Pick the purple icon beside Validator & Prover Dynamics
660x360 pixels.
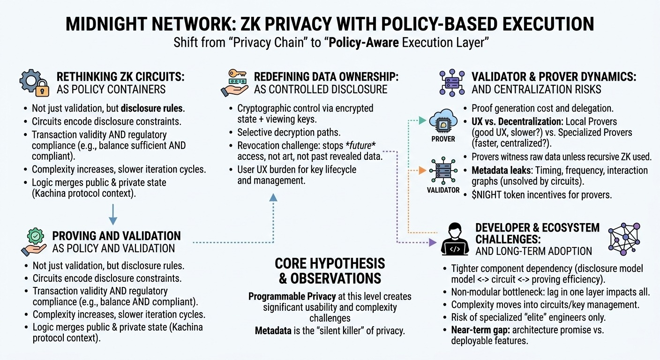tap(452, 83)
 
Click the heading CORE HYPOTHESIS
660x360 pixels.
tap(330, 263)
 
